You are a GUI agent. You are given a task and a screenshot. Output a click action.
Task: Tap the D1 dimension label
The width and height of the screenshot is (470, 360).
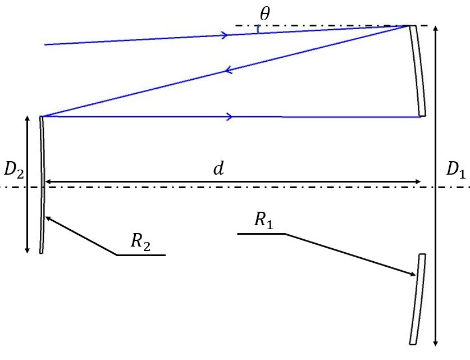(x=455, y=169)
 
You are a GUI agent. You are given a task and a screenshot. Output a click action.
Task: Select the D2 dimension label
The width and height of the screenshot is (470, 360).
(x=13, y=169)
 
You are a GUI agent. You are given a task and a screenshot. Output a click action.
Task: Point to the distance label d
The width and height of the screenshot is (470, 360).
(x=218, y=169)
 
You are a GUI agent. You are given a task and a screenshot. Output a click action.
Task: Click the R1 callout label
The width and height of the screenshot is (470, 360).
(x=263, y=220)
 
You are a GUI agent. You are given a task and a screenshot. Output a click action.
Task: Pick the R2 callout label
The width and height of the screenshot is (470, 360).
(x=140, y=240)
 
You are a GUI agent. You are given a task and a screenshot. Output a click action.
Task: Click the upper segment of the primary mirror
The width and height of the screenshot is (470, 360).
(x=417, y=70)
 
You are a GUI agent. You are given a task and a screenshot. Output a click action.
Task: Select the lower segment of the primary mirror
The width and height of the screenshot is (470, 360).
(x=418, y=298)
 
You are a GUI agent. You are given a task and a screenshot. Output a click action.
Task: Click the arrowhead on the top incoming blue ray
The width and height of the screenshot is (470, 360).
(x=225, y=35)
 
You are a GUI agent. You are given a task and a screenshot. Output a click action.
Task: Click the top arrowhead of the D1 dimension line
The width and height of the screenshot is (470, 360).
(x=437, y=29)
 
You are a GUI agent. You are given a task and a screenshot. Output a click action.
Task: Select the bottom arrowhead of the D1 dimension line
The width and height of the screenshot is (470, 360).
(x=437, y=342)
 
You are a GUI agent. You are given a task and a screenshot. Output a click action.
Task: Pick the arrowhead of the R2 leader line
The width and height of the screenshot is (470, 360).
(x=48, y=218)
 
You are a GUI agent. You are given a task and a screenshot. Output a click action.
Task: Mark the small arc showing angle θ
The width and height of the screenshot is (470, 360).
(x=258, y=29)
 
